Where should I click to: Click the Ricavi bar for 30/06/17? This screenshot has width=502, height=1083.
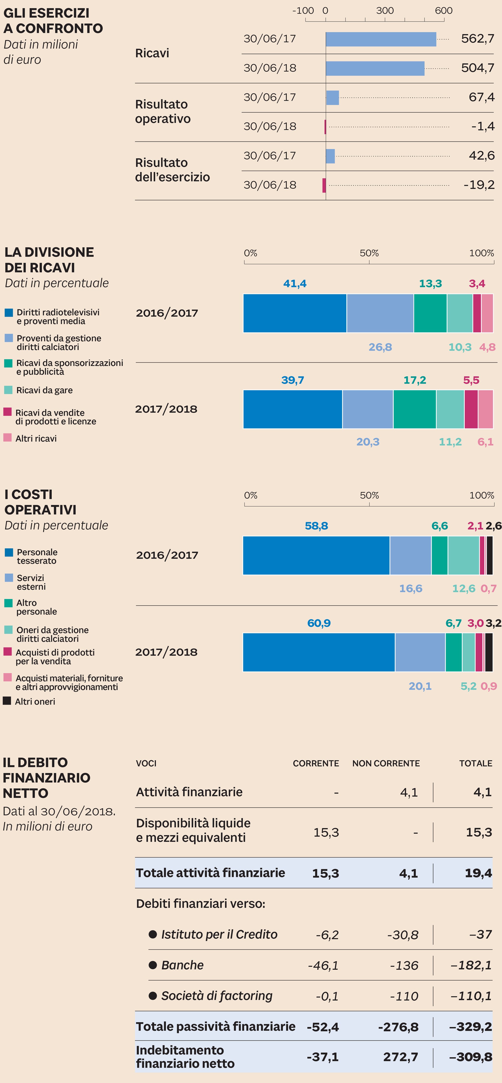coord(380,39)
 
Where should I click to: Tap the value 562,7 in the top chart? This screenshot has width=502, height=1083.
coord(477,39)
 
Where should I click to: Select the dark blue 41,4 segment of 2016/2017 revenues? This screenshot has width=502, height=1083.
coord(295,313)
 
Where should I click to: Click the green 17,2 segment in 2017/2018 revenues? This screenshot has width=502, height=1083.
coord(414,409)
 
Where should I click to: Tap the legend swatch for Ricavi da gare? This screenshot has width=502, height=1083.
coord(8,390)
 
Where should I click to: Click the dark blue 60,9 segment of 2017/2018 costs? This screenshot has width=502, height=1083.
coord(319,652)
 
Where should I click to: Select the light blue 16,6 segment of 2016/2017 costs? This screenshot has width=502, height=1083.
coord(410,555)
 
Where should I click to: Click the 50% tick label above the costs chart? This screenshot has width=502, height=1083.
coord(369,495)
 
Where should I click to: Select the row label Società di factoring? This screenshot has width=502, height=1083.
coord(216,995)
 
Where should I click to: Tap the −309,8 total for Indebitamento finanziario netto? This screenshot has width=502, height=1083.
coord(470,1057)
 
